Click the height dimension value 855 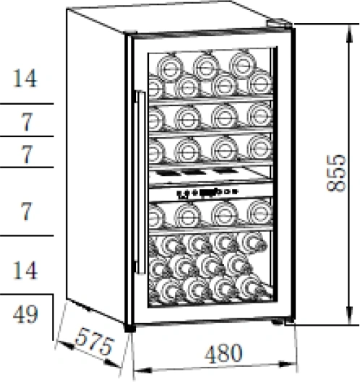(337, 173)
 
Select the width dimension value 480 (223, 353)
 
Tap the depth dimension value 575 (95, 342)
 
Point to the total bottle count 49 (25, 314)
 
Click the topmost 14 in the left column (25, 78)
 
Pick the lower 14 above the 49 (25, 270)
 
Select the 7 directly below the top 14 (26, 122)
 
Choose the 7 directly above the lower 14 (26, 212)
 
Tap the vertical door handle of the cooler (140, 183)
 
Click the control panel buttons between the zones (207, 192)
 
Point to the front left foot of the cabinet (130, 328)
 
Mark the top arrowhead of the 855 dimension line (350, 33)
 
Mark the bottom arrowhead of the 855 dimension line (350, 316)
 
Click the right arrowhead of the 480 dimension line (288, 365)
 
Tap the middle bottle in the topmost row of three (206, 66)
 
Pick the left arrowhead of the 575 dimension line (65, 345)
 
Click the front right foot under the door (277, 322)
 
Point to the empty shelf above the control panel (210, 174)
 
